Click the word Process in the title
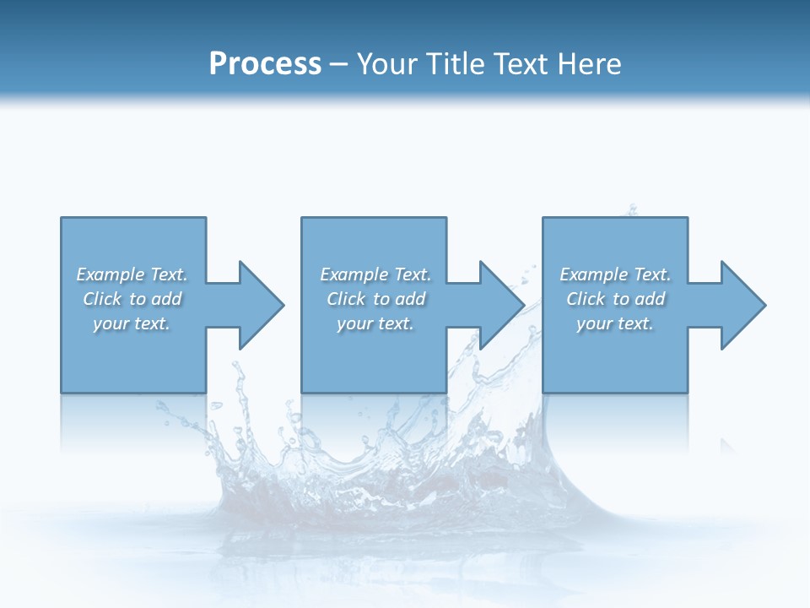click(x=265, y=63)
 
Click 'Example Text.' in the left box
click(x=132, y=274)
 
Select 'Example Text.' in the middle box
click(x=375, y=274)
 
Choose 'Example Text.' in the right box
click(x=615, y=274)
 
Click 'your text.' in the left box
click(x=132, y=323)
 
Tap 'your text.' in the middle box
click(x=375, y=323)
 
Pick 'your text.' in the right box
click(x=615, y=323)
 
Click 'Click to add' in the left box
click(x=132, y=299)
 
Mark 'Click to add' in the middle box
click(x=375, y=299)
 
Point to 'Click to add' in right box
click(x=615, y=299)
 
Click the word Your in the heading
click(x=387, y=63)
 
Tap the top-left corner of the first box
click(x=62, y=219)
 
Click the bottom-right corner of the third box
click(x=687, y=392)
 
